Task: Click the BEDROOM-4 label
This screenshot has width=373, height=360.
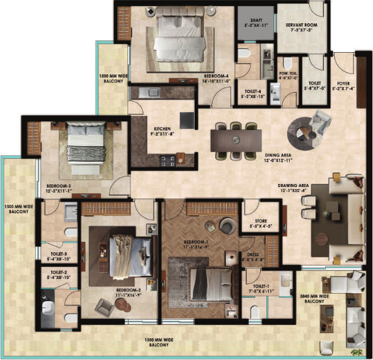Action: pyautogui.click(x=217, y=78)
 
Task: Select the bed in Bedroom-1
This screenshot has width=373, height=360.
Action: pyautogui.click(x=210, y=283)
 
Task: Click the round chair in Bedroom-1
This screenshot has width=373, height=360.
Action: pyautogui.click(x=226, y=226)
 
